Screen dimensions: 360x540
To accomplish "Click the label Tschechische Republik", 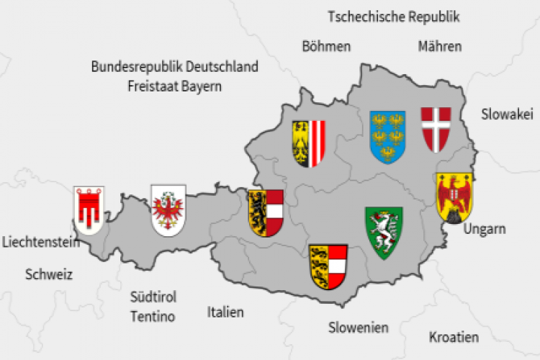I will point(393,17).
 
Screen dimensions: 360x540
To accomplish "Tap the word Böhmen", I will point(326,47).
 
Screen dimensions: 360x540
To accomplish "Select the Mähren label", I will point(439,47).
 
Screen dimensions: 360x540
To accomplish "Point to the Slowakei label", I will point(507,113).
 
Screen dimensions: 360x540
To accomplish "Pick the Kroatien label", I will point(454,337).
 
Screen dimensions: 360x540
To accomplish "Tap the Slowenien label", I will point(358,328).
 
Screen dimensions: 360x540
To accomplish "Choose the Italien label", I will point(225,312).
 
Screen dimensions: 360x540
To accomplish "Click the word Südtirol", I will point(153,297).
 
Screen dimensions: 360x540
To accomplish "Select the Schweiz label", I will point(49,274).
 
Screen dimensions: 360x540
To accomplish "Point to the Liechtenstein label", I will point(40,243).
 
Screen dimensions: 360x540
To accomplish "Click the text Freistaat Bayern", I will point(174,86).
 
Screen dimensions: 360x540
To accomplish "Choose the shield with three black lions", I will point(328,266).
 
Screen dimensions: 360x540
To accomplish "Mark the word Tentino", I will point(153,315).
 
